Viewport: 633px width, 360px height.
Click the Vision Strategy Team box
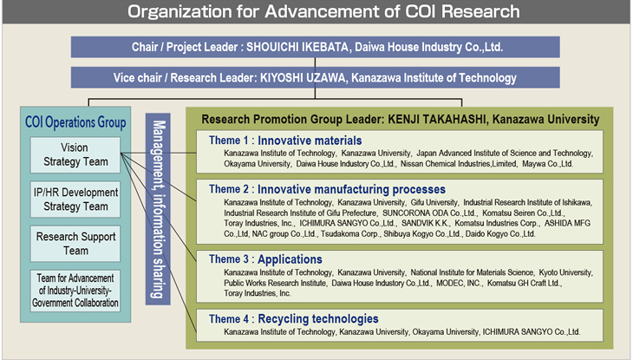(x=75, y=154)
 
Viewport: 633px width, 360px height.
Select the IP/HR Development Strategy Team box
(x=75, y=200)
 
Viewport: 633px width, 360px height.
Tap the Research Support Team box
(x=75, y=244)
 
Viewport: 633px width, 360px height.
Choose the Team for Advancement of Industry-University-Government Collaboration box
(x=75, y=291)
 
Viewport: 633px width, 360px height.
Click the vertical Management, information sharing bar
(x=158, y=209)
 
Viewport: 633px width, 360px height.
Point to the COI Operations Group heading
(x=75, y=122)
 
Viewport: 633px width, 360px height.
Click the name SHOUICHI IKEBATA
(x=297, y=47)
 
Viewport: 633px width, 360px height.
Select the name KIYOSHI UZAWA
(x=303, y=77)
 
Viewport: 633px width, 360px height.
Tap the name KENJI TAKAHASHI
(x=437, y=119)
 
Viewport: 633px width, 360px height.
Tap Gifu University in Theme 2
(x=434, y=202)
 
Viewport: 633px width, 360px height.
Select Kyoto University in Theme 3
(x=565, y=272)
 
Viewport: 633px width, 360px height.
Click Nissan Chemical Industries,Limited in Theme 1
(x=459, y=164)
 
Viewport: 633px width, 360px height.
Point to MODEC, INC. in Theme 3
(x=459, y=284)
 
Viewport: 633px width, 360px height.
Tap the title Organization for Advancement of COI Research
(x=323, y=11)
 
